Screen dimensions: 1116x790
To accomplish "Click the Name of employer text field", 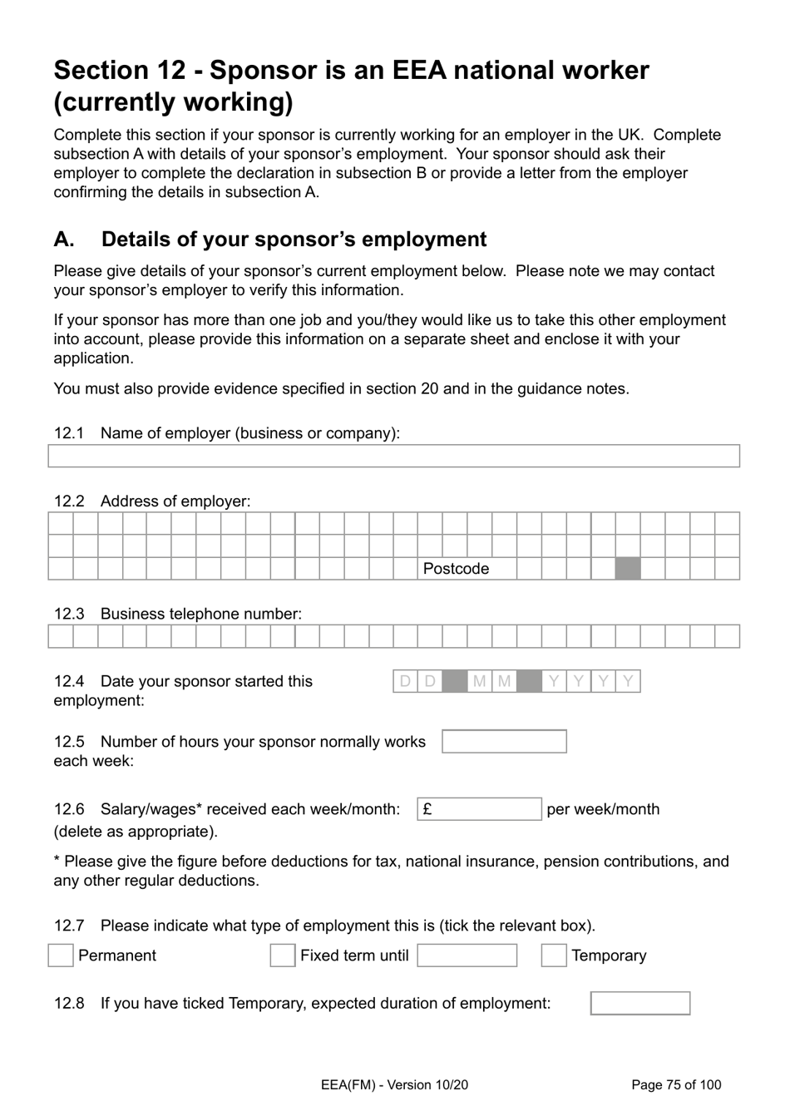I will pos(393,456).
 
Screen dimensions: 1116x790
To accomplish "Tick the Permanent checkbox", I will pos(61,956).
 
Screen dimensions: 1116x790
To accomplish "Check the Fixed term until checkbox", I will pos(283,956).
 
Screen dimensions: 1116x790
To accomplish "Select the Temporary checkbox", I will pos(554,956).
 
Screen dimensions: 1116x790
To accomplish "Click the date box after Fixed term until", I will pos(467,956).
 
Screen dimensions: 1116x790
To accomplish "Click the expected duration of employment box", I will pos(640,1003).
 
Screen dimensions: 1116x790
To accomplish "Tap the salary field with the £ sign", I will pos(479,809).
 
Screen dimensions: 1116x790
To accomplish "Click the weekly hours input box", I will pos(504,741).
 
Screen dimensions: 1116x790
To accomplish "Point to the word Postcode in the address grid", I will pos(456,569).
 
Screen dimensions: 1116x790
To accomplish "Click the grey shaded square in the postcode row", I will pos(628,569).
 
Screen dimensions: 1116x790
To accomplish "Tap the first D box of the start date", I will pos(405,682).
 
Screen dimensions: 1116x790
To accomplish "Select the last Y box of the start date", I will pos(628,682).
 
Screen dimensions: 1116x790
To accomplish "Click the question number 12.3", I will pos(69,614).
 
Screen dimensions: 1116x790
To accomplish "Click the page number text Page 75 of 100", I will pos(676,1084).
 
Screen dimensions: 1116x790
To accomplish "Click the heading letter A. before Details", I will pos(64,239).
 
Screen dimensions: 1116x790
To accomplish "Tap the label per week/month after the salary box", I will pos(603,809).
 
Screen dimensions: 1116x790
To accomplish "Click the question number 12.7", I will pos(69,926).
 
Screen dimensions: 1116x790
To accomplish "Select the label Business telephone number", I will pos(200,614).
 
